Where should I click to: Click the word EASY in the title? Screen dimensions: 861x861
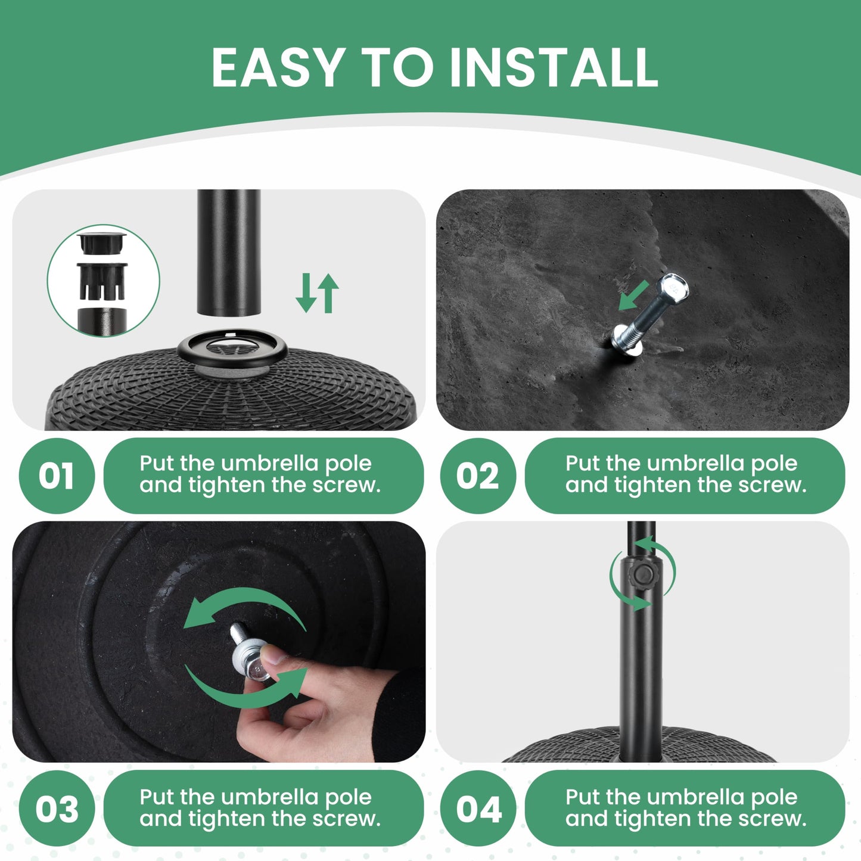click(x=278, y=68)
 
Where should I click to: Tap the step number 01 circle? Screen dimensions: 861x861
click(x=57, y=475)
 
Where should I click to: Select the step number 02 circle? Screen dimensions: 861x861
click(x=478, y=475)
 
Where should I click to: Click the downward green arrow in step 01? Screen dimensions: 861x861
click(x=306, y=293)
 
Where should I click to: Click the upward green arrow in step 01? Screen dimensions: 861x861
click(x=328, y=293)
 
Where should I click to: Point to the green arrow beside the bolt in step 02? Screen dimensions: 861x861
click(x=633, y=295)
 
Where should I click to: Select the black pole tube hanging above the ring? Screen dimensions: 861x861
click(x=229, y=253)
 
